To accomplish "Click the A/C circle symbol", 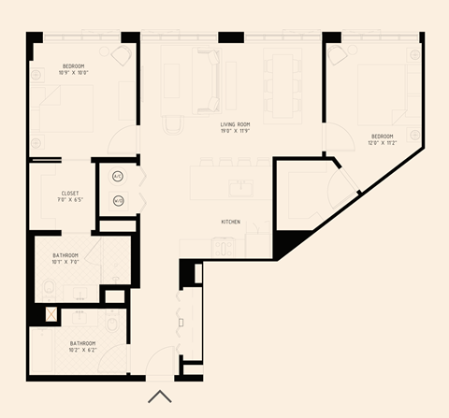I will (x=119, y=176).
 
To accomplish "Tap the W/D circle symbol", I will (x=119, y=200).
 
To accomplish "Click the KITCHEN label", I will (x=232, y=222).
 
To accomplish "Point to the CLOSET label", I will (x=62, y=193).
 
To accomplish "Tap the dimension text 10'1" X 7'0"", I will (x=65, y=262).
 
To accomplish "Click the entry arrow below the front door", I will (x=159, y=396).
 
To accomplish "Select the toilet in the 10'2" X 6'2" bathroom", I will (x=111, y=325).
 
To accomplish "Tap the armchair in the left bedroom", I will (x=121, y=55).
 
